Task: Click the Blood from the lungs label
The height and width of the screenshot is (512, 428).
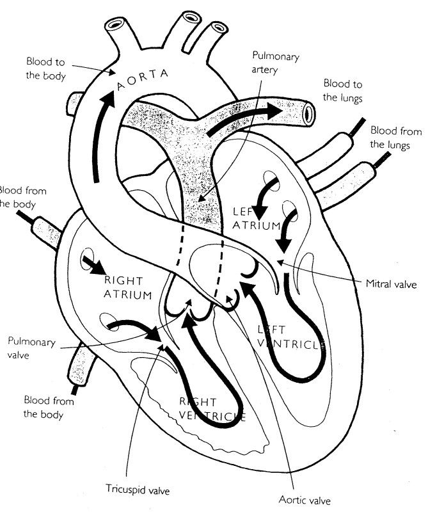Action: tap(395, 138)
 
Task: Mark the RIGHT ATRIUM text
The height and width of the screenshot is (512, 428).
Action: tap(129, 287)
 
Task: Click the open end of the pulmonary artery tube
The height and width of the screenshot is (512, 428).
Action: tap(310, 113)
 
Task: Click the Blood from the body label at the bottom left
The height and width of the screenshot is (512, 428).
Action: tap(49, 408)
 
